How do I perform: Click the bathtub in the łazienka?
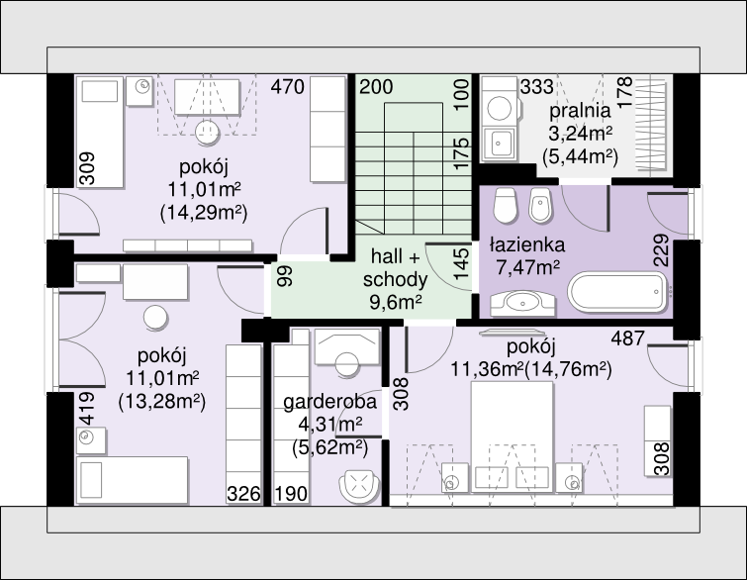(x=618, y=292)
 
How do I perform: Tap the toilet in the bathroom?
(x=505, y=206)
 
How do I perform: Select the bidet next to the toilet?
(x=540, y=206)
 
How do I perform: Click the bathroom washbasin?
(x=522, y=303)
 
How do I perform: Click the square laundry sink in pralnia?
(x=499, y=143)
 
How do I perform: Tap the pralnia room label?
(x=580, y=111)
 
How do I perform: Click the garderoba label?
(x=329, y=402)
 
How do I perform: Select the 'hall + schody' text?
(x=395, y=268)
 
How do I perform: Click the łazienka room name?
(x=527, y=244)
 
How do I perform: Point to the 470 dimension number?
(x=287, y=87)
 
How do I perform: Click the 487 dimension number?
(x=628, y=338)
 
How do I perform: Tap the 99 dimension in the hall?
(x=285, y=276)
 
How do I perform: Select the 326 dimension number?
(x=244, y=494)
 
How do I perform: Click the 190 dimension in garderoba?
(x=291, y=494)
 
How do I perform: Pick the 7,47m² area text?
(x=528, y=267)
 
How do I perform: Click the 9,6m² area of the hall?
(x=396, y=301)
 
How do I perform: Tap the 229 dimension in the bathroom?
(x=661, y=250)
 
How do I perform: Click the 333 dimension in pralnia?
(x=537, y=87)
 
